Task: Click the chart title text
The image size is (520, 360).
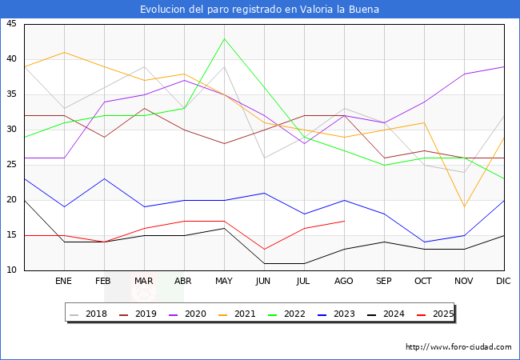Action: [259, 10]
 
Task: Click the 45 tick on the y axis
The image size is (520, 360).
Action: [11, 24]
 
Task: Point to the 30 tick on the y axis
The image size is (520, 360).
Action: [11, 130]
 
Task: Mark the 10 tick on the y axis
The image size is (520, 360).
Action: [11, 270]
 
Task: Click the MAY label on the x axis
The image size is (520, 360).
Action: [224, 282]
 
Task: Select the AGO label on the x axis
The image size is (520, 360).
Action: [344, 282]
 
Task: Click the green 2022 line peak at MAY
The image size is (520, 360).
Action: [224, 38]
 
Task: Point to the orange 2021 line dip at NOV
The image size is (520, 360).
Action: [464, 206]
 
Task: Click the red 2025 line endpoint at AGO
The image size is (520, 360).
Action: [344, 221]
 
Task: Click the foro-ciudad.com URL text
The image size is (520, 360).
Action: [458, 347]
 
